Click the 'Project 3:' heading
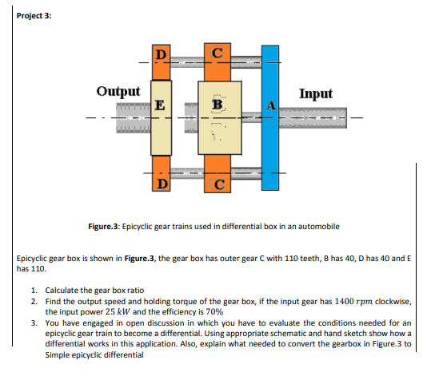[34, 16]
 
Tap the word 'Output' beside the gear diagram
[118, 91]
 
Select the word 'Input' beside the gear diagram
[316, 93]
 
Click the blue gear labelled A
[270, 117]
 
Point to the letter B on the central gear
[217, 104]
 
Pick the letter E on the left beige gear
[160, 105]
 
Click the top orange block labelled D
[162, 62]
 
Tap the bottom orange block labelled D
[162, 173]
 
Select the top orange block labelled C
[217, 62]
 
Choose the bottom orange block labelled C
[217, 174]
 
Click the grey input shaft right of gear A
[313, 117]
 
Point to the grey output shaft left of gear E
[134, 117]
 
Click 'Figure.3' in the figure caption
[103, 227]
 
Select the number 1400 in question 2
[344, 302]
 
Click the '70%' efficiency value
[214, 312]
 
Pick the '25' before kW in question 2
[110, 312]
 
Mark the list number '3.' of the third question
[34, 323]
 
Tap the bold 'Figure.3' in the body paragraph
[139, 258]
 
